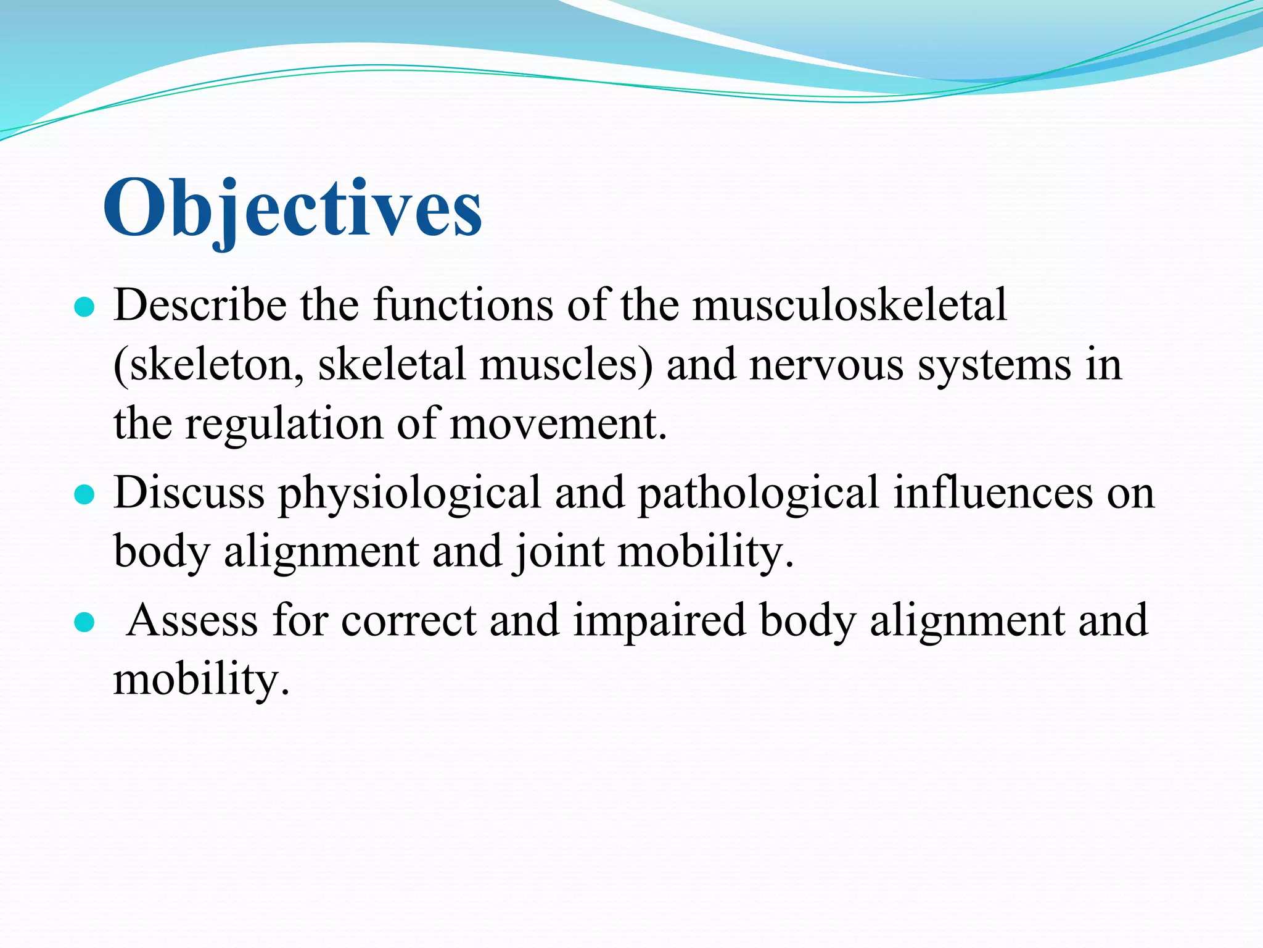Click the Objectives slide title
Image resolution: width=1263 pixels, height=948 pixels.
coord(292,209)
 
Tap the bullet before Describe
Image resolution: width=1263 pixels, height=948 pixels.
coord(83,307)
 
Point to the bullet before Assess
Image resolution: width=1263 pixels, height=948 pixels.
coord(83,623)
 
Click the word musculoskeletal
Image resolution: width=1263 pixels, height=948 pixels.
coord(850,305)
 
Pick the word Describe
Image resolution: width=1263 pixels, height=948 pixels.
coord(200,305)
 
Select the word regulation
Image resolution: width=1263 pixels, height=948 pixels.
coord(284,425)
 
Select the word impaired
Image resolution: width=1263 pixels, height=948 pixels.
coord(659,621)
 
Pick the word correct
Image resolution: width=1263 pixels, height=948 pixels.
coord(408,621)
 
